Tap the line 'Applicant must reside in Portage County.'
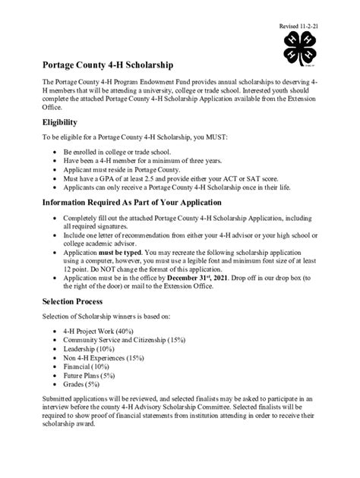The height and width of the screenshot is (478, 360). tap(126, 171)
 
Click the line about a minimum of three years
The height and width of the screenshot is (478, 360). tap(132, 162)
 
